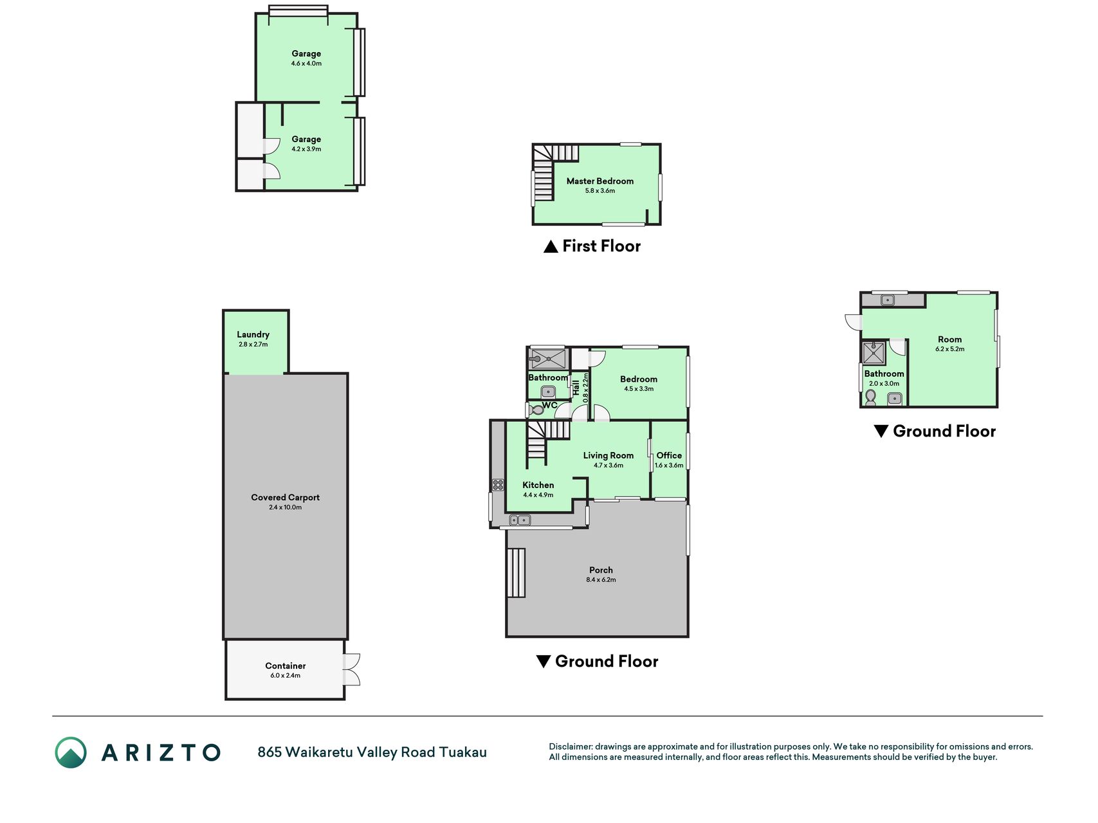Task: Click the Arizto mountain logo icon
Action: coord(71,752)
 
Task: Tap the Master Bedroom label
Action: coord(600,181)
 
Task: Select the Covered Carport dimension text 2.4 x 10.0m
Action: coord(286,507)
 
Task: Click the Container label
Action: coord(286,666)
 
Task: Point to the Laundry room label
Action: coord(253,334)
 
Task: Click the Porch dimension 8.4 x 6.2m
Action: coord(601,580)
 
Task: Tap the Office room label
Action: coord(669,455)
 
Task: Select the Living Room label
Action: coord(608,455)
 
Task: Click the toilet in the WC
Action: coord(535,409)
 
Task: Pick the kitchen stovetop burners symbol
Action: coord(498,485)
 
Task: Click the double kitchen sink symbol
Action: coord(520,520)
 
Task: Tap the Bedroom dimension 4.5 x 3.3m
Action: coord(639,389)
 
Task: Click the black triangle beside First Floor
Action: coord(551,246)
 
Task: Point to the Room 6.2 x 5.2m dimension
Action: coord(950,349)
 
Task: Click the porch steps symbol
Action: coord(517,573)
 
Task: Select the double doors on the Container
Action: coord(351,669)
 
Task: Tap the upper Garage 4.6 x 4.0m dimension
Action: coord(306,64)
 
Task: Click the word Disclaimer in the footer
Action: coord(570,746)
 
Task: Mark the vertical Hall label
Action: coord(576,388)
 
